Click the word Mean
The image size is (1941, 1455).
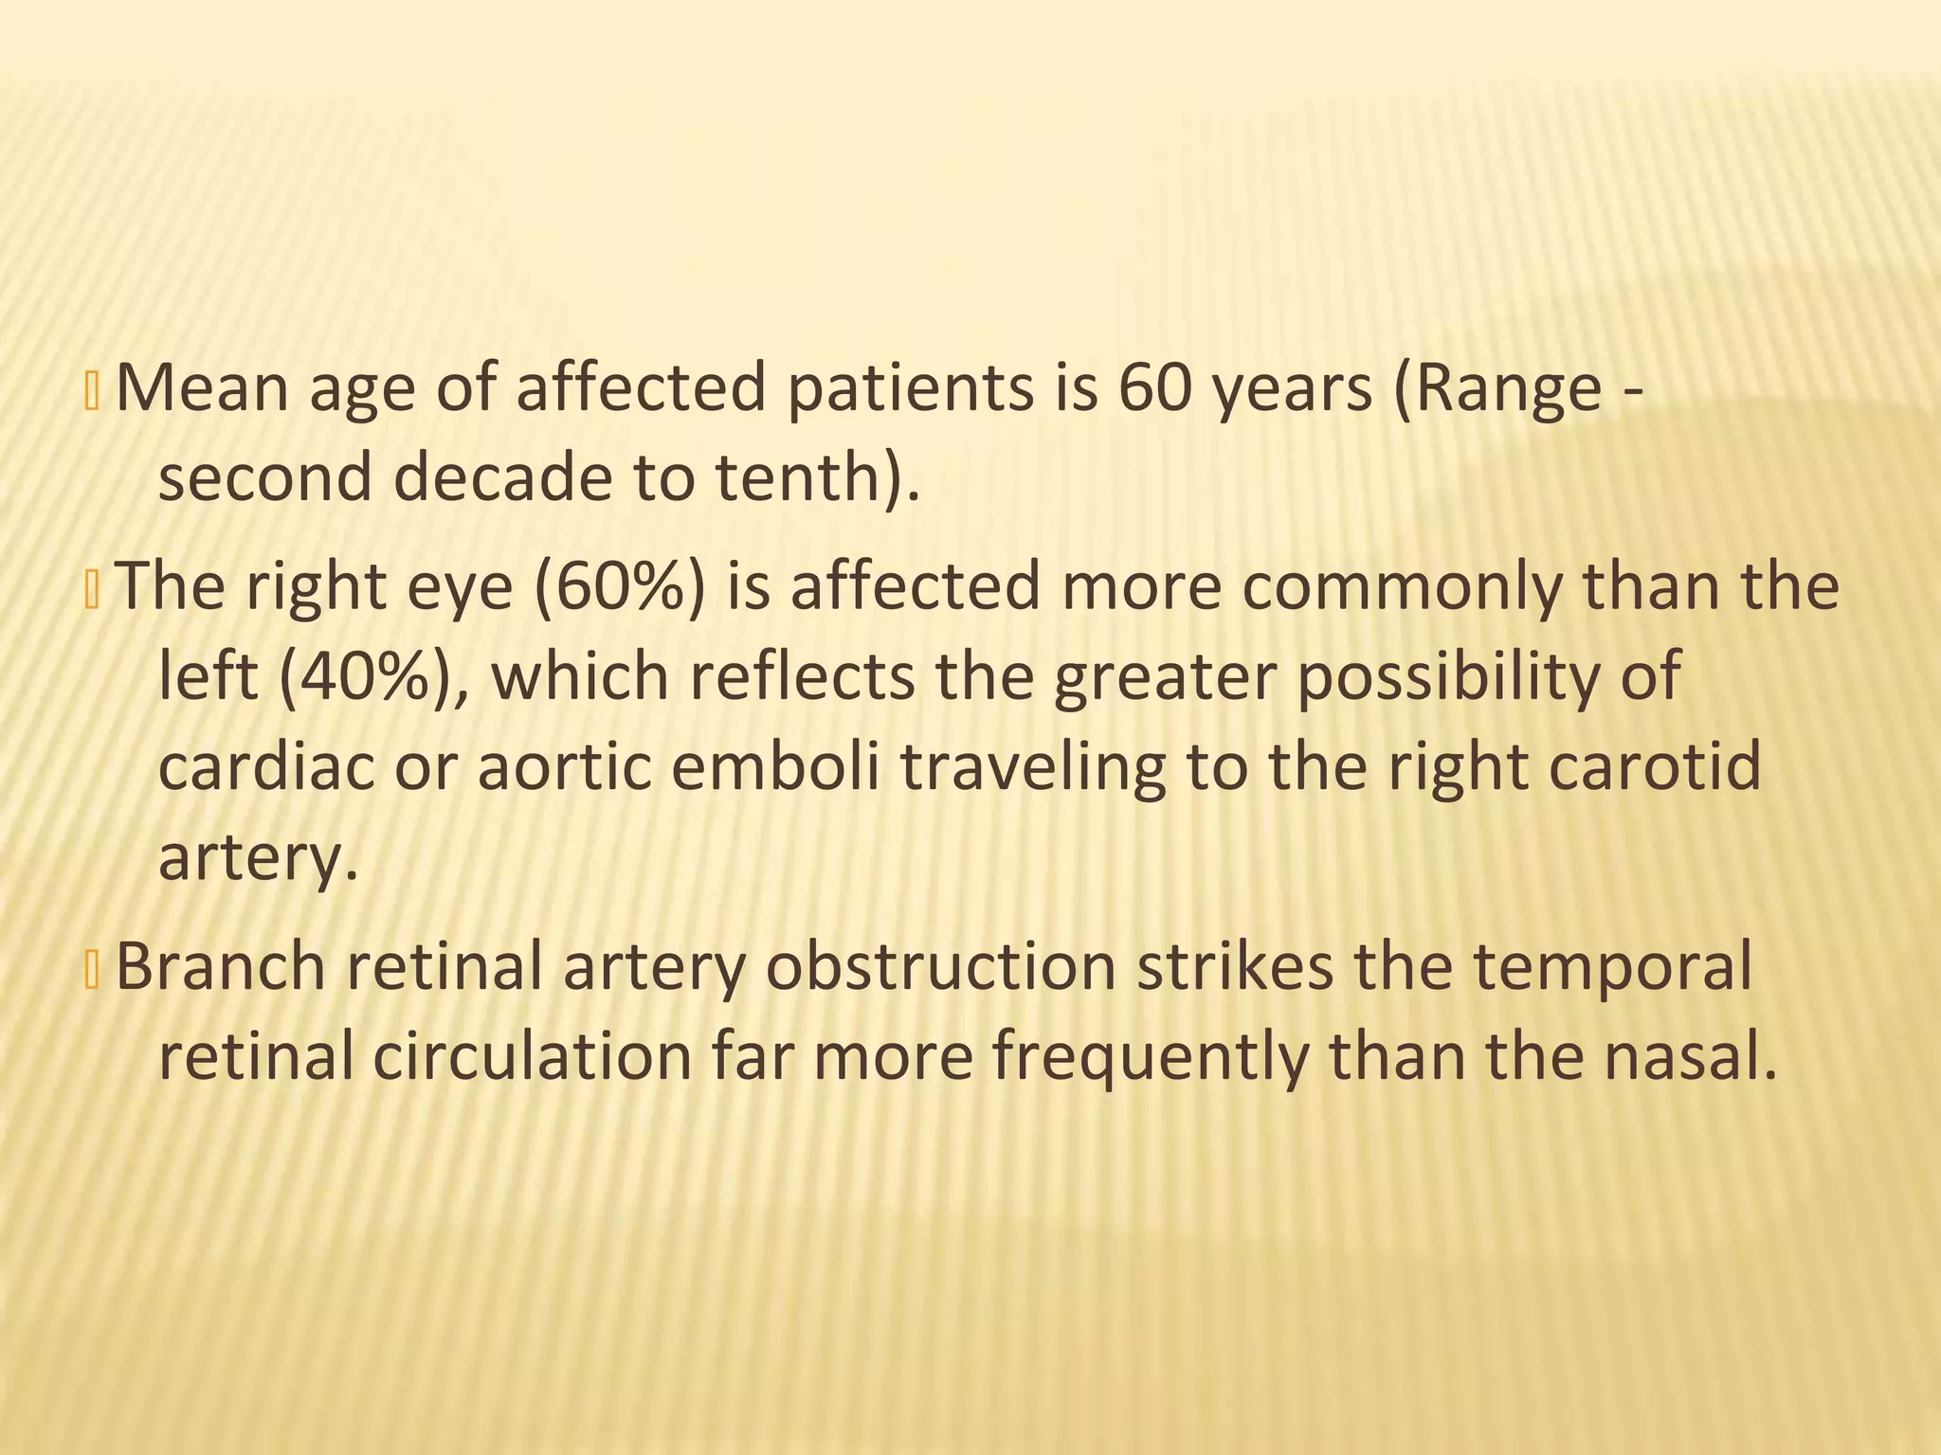coord(201,388)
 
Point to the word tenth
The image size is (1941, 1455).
coord(811,477)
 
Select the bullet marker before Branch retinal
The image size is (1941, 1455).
coord(92,970)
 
